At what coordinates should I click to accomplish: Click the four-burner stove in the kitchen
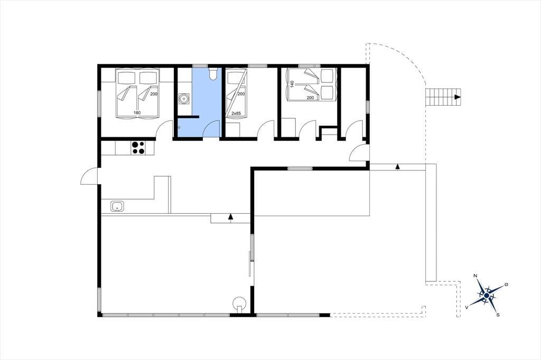[138, 148]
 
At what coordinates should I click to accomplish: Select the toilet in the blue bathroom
[212, 73]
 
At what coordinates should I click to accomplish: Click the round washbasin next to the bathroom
[184, 99]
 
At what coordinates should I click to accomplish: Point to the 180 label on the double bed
[137, 112]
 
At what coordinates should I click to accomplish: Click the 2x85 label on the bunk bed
[236, 113]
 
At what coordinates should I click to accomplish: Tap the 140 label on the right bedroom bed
[292, 84]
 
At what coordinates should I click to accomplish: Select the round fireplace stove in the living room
[239, 303]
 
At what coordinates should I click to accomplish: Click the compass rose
[486, 296]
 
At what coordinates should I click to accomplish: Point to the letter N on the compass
[475, 276]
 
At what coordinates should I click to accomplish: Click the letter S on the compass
[498, 315]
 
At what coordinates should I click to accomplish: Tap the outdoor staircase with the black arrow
[443, 97]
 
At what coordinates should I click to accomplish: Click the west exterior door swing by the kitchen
[89, 176]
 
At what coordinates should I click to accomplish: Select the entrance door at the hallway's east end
[359, 153]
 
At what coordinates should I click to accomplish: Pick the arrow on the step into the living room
[230, 216]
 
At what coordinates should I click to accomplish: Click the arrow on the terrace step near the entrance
[397, 167]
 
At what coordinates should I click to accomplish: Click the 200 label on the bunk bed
[241, 94]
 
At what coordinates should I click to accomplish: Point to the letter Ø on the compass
[506, 285]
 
